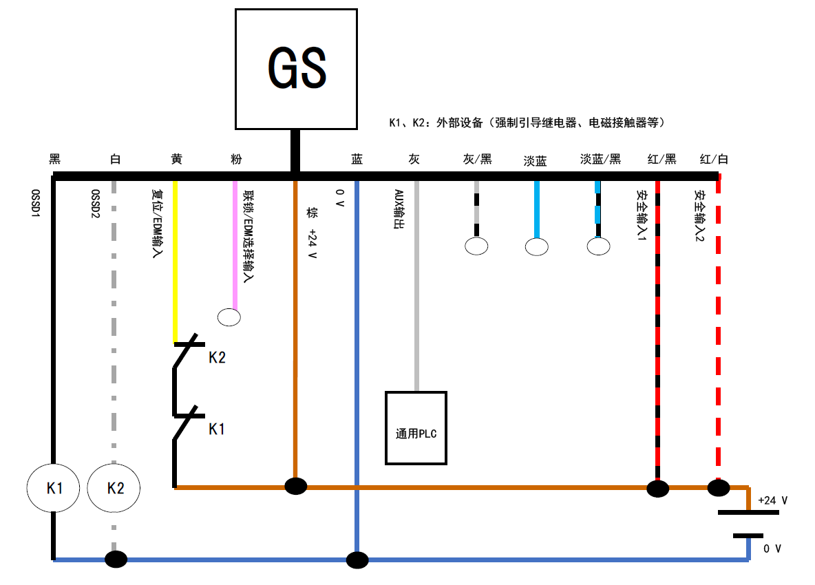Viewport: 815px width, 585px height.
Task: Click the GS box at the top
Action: point(296,69)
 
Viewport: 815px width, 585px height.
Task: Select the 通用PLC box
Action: point(416,428)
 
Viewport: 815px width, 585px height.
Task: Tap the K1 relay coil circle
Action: point(54,488)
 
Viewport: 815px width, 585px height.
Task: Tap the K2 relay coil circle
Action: point(114,488)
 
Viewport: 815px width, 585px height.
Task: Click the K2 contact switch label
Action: point(217,358)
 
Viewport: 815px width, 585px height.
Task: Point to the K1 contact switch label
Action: point(217,429)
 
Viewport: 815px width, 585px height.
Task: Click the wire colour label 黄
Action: point(176,160)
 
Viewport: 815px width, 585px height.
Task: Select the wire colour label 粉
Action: point(236,160)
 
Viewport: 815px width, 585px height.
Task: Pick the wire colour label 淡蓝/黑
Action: point(600,160)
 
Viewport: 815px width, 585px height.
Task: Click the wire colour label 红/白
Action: point(714,160)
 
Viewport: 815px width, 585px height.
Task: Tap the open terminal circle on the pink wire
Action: point(229,317)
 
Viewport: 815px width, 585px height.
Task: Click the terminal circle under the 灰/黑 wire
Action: point(476,246)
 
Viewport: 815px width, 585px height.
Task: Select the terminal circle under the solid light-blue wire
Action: point(536,246)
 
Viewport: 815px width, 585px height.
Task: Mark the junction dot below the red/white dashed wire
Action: point(719,488)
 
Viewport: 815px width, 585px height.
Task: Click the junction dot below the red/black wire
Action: point(657,489)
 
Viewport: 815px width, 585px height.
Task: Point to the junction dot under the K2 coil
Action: point(116,558)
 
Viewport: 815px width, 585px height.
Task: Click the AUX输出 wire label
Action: point(398,209)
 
